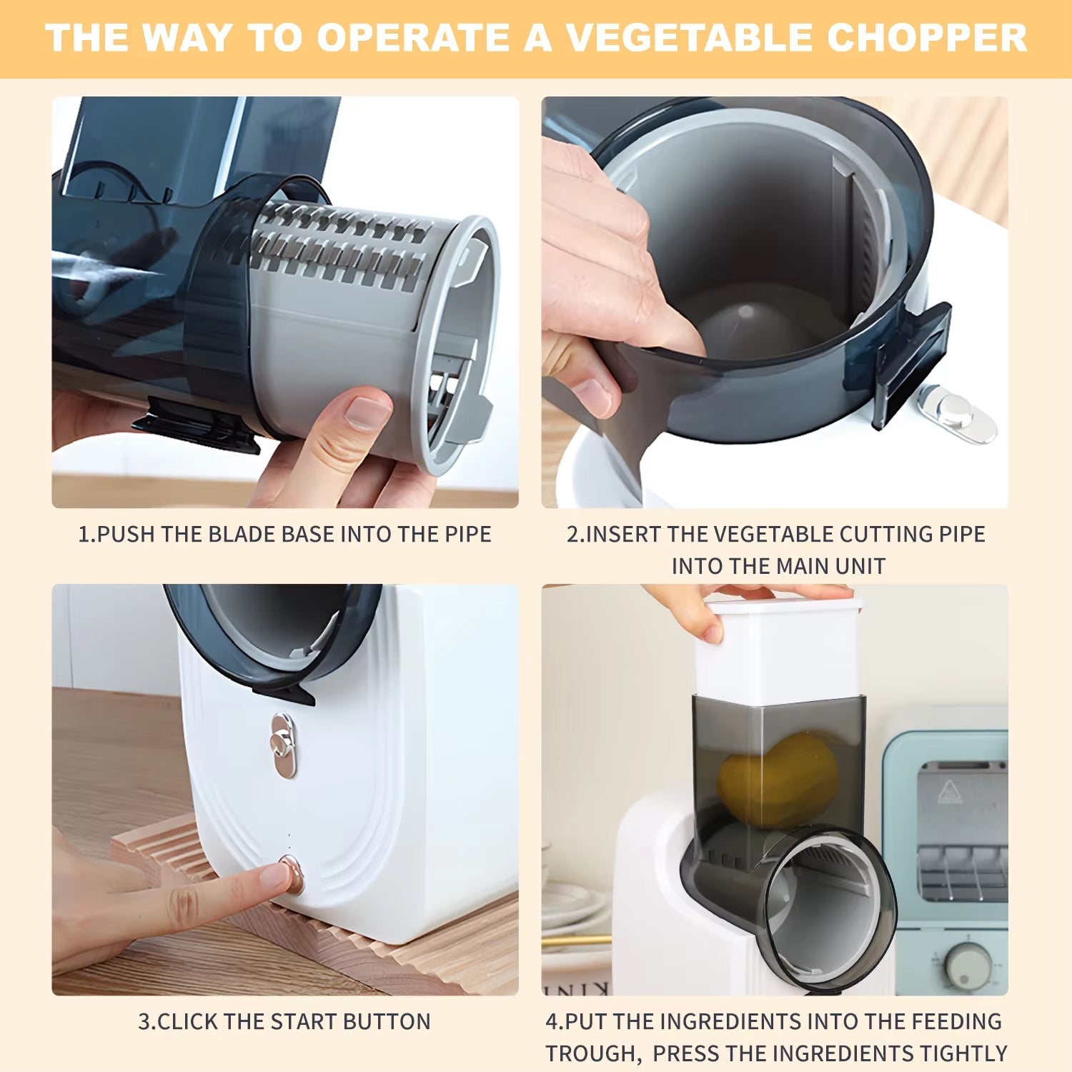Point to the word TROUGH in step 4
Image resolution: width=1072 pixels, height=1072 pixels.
(592, 1053)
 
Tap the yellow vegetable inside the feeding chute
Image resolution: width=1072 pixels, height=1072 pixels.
(779, 779)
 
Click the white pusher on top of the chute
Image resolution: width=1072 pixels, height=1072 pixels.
(779, 650)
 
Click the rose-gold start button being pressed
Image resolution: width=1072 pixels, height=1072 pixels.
(291, 873)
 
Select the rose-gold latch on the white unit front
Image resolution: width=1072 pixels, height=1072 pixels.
(283, 745)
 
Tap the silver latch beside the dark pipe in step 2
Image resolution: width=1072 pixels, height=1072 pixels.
(956, 413)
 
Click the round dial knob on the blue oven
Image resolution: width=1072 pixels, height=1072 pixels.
(968, 966)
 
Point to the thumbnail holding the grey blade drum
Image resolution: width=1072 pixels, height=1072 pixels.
(366, 412)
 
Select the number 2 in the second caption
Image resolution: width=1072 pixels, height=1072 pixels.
(572, 535)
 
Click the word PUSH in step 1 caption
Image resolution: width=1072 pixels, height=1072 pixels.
(126, 535)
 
